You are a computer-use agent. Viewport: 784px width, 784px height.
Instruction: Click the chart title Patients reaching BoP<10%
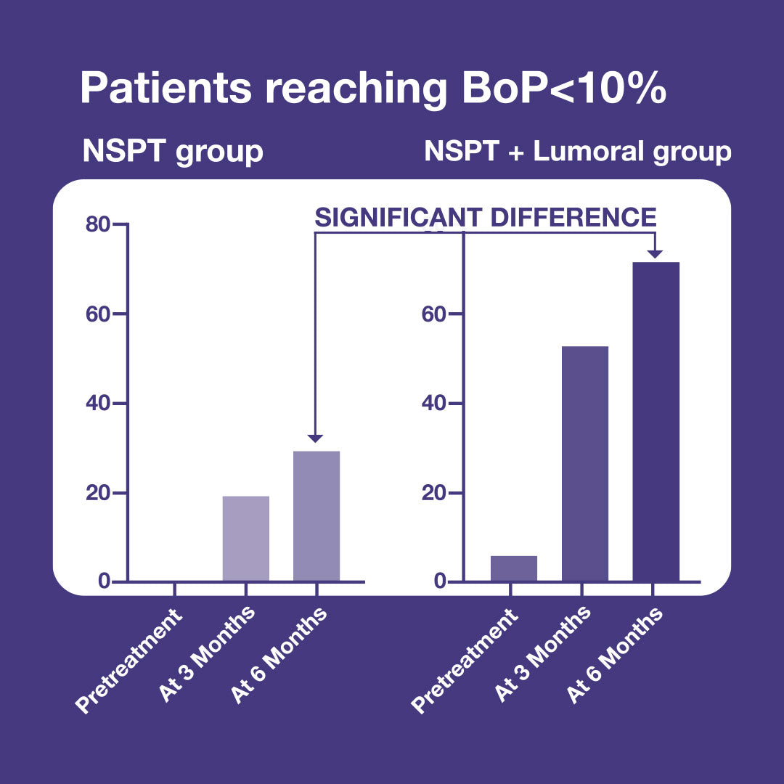point(373,89)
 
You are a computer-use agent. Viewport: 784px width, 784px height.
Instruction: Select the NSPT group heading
point(173,152)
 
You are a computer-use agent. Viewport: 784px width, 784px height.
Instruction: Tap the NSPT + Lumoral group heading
point(578,152)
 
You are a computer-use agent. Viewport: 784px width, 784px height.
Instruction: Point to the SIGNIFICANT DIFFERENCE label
point(485,218)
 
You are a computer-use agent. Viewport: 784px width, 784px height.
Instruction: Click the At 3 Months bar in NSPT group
point(246,539)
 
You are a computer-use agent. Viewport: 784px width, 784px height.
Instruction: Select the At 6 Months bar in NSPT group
point(317,516)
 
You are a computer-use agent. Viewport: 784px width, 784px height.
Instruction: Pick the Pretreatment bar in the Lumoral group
point(514,568)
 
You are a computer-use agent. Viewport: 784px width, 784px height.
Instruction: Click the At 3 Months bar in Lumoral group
point(585,463)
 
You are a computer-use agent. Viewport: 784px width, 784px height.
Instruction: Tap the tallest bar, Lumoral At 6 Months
point(656,422)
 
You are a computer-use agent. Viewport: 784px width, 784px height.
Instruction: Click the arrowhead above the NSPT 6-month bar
point(315,438)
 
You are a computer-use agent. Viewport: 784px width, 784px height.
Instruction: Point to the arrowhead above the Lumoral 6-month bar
point(655,254)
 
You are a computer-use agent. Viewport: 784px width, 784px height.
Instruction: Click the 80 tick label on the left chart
point(97,224)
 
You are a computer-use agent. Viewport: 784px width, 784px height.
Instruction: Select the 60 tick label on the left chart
point(97,314)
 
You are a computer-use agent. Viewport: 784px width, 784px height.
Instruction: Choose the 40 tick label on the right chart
point(433,403)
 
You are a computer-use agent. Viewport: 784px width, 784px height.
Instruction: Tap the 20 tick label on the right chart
point(433,493)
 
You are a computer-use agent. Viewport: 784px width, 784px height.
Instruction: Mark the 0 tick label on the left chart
point(104,581)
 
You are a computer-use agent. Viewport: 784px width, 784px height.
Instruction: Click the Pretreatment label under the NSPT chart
point(128,661)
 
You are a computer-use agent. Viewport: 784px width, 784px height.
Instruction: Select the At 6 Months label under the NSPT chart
point(279,655)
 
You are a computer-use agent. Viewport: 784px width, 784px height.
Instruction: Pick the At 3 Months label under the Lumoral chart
point(542,654)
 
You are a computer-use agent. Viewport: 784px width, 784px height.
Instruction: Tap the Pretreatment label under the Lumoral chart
point(465,661)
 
